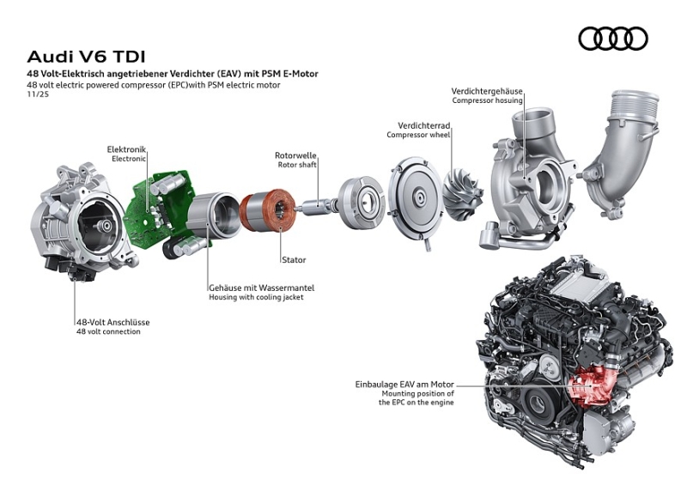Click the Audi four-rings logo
click(x=613, y=39)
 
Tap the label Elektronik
click(x=126, y=149)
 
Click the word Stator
click(x=293, y=259)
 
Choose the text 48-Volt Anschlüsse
click(x=112, y=322)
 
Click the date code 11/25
click(x=39, y=94)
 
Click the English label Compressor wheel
click(x=418, y=135)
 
